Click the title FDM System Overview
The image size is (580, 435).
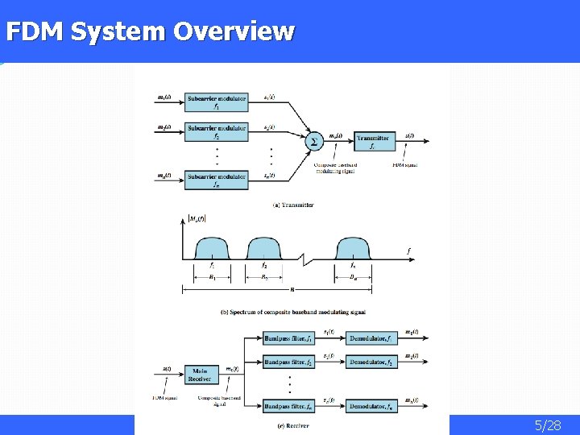pos(150,31)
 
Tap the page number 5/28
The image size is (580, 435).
pos(548,425)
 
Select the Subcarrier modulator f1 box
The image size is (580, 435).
pos(217,102)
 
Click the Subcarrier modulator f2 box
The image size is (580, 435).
pos(217,131)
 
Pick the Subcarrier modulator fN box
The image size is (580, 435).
pos(217,179)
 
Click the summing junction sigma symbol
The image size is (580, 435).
pos(314,141)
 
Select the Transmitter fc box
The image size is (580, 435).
pos(374,142)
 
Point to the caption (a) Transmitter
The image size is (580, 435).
pos(293,205)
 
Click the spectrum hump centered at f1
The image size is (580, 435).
pos(213,247)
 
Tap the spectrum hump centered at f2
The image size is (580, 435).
pos(263,247)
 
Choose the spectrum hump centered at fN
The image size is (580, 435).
pos(354,247)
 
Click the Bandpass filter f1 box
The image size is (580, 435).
pos(289,338)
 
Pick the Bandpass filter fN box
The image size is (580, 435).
pos(289,406)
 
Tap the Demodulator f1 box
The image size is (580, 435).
pos(371,338)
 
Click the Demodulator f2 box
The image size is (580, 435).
pos(371,362)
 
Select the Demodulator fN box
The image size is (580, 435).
pos(371,406)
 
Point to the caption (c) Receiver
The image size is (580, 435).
pos(292,425)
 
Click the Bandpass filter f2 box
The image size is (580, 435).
pos(289,362)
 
